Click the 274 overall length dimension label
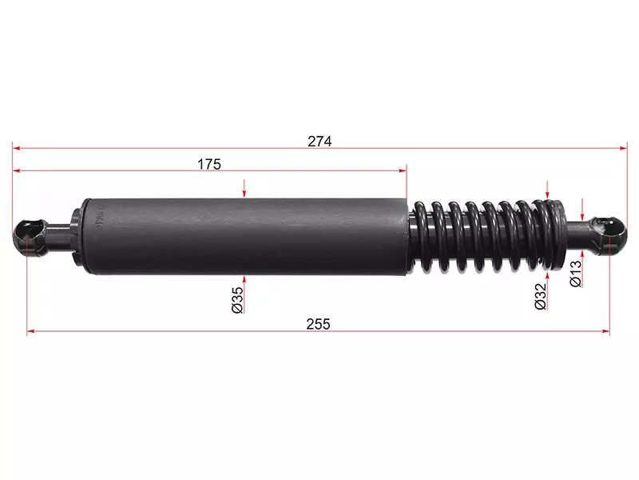(319, 142)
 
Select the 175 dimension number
(209, 164)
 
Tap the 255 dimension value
(318, 324)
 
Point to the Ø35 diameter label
(237, 300)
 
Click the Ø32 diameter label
(540, 296)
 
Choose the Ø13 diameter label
(575, 274)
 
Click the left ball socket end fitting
(30, 237)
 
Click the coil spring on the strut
(489, 235)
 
